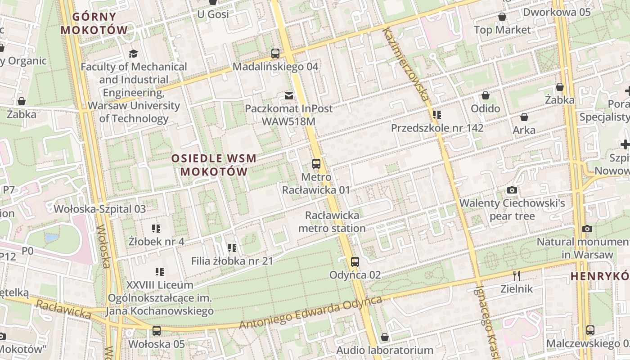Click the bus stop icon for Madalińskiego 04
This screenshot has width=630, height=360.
click(275, 54)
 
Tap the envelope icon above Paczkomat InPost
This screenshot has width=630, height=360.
click(288, 95)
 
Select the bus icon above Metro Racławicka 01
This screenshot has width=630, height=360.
click(316, 164)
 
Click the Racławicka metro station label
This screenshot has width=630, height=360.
click(332, 222)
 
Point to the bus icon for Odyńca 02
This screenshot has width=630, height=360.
click(355, 262)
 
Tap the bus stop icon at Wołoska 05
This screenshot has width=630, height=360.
click(156, 331)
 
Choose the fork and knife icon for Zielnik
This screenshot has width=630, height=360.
click(517, 275)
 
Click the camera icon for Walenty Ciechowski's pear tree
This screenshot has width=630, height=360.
click(512, 190)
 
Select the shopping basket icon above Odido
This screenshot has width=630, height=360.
click(485, 95)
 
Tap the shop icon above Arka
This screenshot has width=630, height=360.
click(524, 117)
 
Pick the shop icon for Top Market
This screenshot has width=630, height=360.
click(502, 17)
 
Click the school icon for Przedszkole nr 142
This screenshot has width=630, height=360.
click(436, 115)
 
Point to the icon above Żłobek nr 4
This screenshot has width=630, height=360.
click(156, 229)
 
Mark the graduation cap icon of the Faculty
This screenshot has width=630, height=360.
click(133, 54)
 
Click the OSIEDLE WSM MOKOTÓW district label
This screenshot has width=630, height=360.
click(214, 165)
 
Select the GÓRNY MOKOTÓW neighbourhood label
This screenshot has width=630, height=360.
click(94, 23)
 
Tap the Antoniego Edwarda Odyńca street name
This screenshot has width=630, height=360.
click(310, 313)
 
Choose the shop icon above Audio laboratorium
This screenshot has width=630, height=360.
click(385, 337)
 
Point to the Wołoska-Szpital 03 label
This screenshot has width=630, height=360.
click(100, 209)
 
